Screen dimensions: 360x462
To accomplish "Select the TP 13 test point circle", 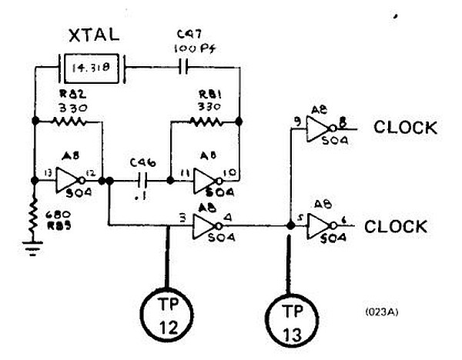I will (x=290, y=321).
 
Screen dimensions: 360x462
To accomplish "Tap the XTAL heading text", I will (x=92, y=35).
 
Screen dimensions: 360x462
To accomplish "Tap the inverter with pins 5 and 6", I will (x=319, y=225).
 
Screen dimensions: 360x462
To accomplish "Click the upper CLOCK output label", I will (x=405, y=128).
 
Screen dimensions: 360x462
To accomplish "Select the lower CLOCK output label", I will (x=396, y=226).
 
